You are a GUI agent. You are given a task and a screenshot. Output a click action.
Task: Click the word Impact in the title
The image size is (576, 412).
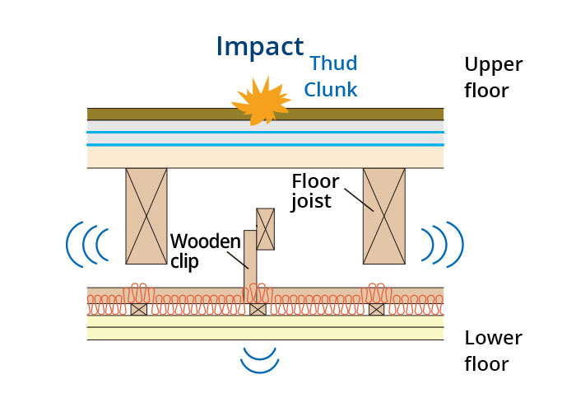(x=259, y=46)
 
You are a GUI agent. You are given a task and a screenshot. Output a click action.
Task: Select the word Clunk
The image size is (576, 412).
(x=331, y=90)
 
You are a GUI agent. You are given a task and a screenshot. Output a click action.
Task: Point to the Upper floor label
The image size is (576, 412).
(x=494, y=77)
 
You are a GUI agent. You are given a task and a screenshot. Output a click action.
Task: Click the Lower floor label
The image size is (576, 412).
(x=492, y=349)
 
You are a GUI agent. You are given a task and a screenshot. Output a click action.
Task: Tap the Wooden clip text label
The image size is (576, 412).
(x=206, y=250)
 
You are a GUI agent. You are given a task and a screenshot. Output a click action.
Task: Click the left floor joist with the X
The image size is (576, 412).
(x=146, y=216)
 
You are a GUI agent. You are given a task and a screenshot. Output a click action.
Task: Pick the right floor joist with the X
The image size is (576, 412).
(x=384, y=216)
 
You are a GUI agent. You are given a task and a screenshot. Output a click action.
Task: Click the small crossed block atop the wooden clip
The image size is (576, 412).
(x=266, y=228)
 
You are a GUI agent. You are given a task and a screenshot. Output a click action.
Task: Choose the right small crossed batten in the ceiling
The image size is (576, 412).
(x=377, y=309)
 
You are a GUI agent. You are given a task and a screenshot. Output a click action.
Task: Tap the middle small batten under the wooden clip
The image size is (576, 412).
(x=258, y=309)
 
